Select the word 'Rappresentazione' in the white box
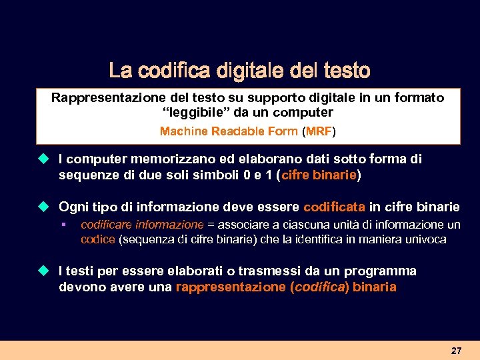coord(103,98)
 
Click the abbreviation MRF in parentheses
coord(319,131)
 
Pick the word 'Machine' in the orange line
coord(183,131)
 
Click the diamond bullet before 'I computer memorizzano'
coord(43,159)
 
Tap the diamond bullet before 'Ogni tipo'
coord(43,206)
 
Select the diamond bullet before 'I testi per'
coord(43,271)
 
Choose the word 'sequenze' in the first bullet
coord(86,176)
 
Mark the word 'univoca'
coord(427,240)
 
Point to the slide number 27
coord(456,351)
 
